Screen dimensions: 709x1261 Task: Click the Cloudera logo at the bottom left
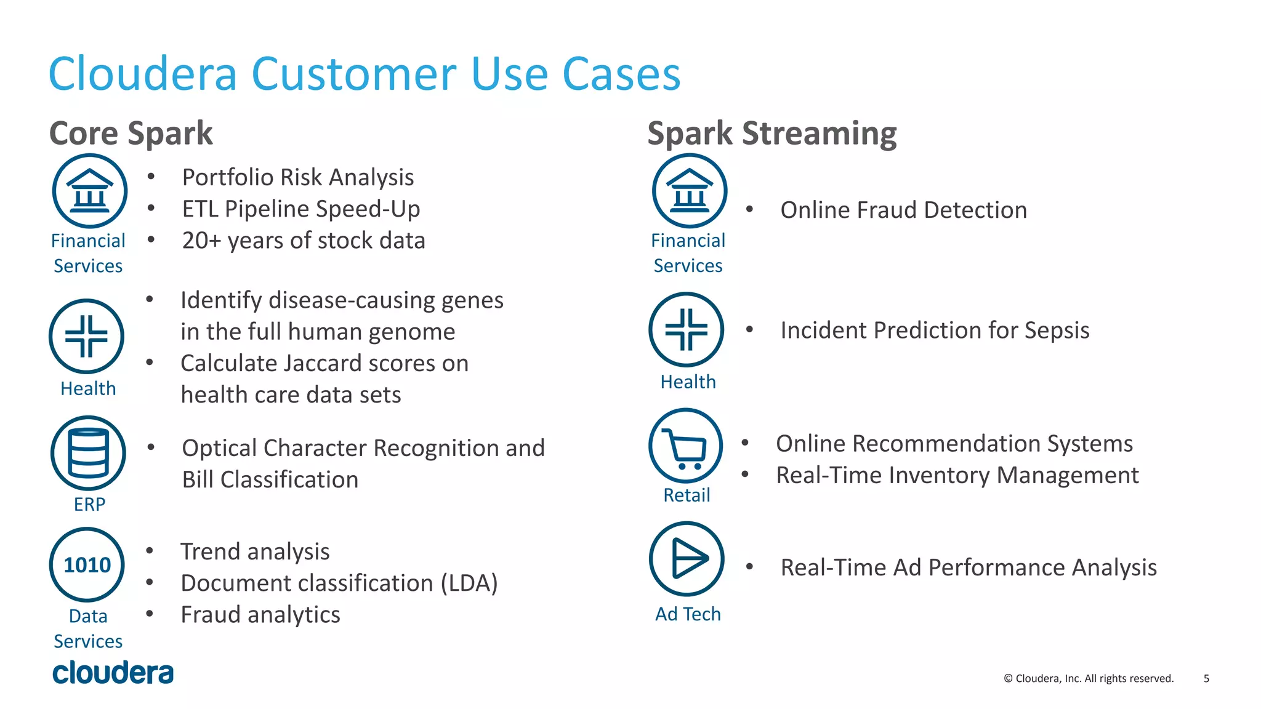click(113, 673)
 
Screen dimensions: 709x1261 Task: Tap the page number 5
click(1206, 678)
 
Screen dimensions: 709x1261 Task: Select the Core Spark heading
click(131, 133)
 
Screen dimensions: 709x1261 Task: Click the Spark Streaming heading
click(772, 133)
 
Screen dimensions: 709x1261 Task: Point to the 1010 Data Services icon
click(87, 564)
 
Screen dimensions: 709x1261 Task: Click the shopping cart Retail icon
click(686, 446)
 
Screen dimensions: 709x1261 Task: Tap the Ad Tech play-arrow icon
click(687, 559)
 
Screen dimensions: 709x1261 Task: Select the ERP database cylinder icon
click(88, 453)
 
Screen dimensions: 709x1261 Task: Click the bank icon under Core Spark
click(90, 191)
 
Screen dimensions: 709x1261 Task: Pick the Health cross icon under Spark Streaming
click(686, 329)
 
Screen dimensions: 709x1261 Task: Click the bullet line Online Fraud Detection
click(903, 210)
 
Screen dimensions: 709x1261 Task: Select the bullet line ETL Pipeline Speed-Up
click(300, 209)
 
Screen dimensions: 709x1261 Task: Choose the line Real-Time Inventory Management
click(957, 475)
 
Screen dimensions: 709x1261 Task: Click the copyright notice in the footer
click(1088, 678)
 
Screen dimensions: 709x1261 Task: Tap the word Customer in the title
click(354, 74)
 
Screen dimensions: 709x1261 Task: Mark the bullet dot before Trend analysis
click(150, 550)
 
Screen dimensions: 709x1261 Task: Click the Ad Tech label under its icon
click(687, 614)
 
